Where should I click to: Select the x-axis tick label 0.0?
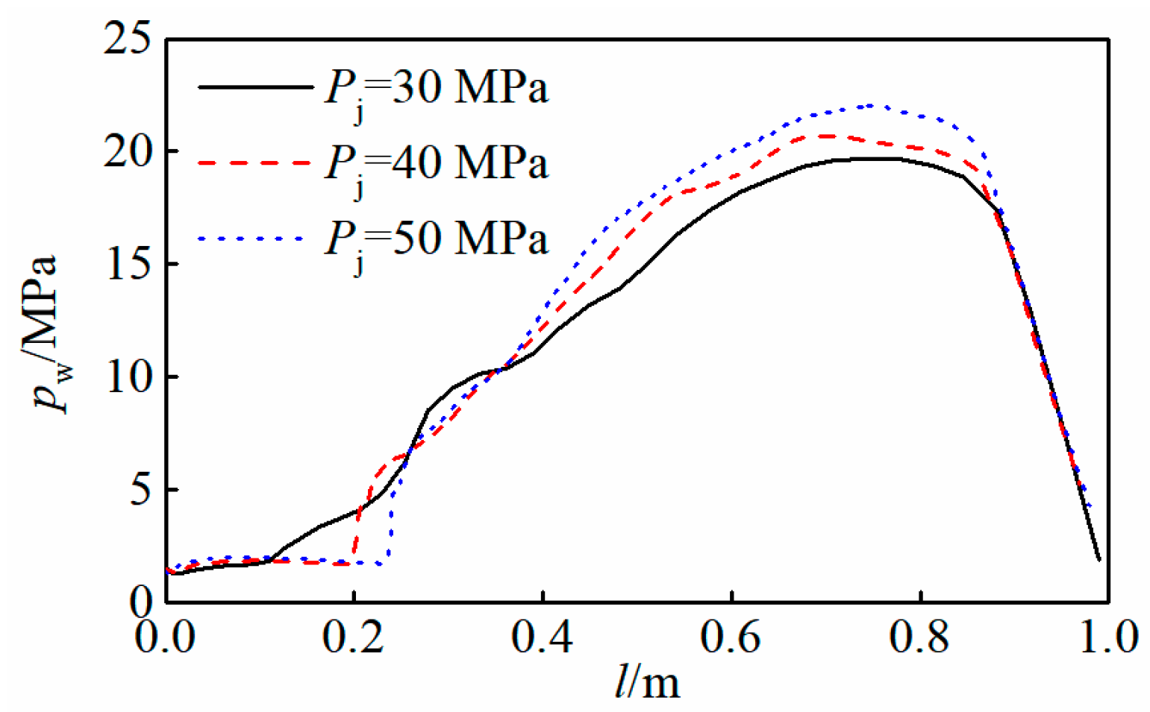pos(165,639)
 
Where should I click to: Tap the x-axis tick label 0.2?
pos(354,639)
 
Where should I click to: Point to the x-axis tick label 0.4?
pos(543,639)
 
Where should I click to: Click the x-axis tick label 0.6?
pos(732,639)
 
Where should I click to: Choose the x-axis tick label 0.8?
pos(921,639)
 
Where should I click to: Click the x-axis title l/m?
pos(647,682)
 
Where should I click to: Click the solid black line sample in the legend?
pos(255,87)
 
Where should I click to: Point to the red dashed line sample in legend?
pos(255,162)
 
